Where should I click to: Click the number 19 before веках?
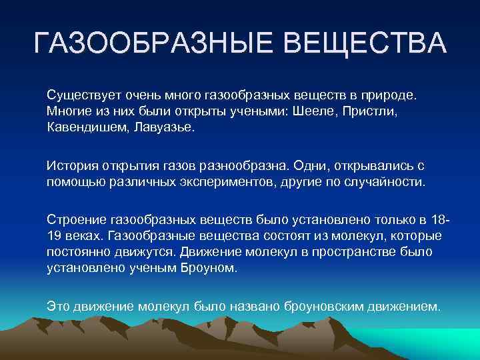(x=54, y=236)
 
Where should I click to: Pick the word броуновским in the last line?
(x=316, y=306)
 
